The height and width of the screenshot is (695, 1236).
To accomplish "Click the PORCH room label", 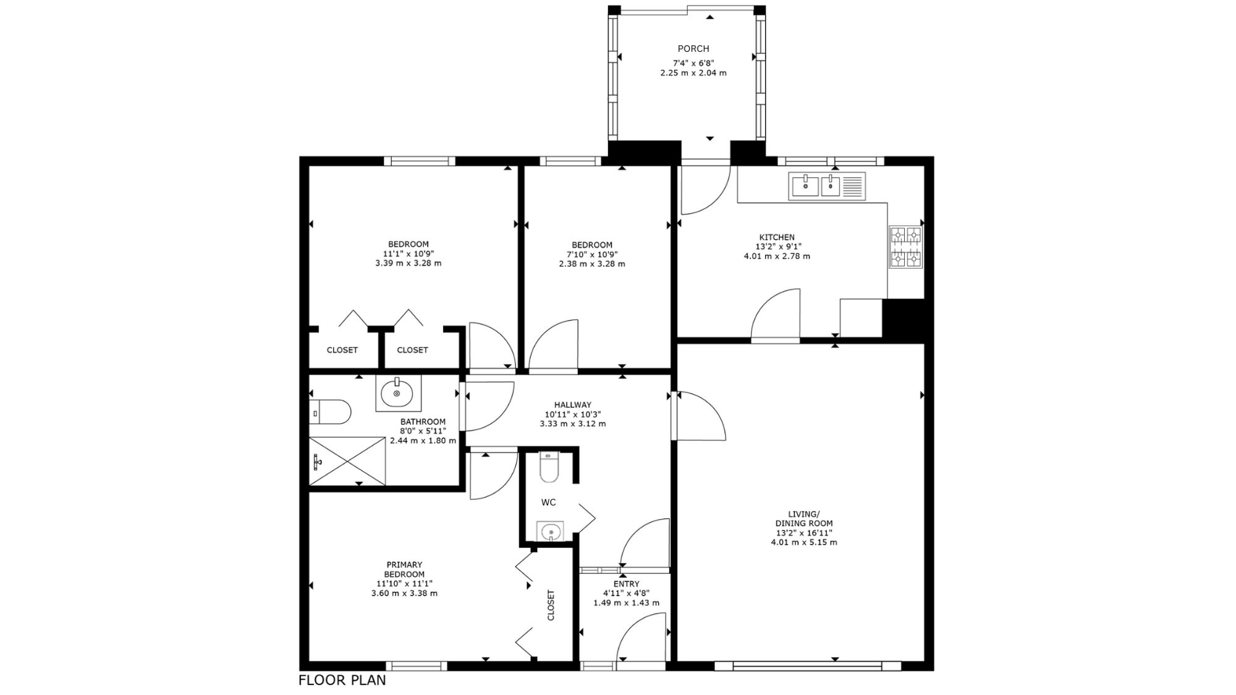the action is coord(693,49).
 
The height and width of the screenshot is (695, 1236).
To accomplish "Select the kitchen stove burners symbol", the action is coord(905,247).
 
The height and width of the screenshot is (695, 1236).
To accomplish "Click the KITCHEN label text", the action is coord(777,237).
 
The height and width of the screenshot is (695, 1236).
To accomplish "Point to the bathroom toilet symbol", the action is coord(330,411).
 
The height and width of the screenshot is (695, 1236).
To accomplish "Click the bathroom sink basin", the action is coord(398,392).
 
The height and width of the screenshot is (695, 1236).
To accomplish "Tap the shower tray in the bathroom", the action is coord(347,461).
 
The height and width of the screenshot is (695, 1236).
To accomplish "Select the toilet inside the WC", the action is coord(549,468).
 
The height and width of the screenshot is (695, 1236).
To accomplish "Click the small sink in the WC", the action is coord(549,531).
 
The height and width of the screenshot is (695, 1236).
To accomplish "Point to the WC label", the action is coord(548,502).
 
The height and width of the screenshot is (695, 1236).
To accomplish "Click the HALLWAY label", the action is coord(572,405).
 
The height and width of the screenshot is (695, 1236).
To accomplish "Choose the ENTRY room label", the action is coord(626,584).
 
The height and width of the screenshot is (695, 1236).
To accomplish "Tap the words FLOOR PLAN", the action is coord(342,680).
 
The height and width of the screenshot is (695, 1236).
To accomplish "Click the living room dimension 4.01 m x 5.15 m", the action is coord(804,542).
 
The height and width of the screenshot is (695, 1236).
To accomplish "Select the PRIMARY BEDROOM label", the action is coord(404,569).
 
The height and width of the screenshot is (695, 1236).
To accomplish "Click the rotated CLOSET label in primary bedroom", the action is coord(551,605).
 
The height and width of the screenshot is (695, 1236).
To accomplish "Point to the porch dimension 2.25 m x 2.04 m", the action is coord(693,73).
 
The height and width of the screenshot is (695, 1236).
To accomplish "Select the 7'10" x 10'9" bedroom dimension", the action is coord(592,254).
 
